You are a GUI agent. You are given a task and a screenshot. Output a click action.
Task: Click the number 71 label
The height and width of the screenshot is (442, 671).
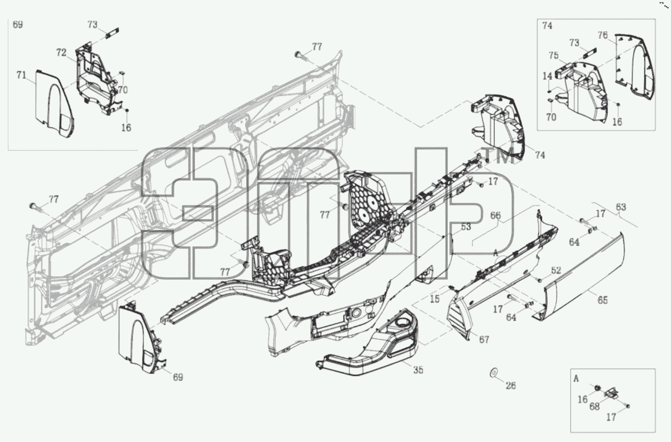click(x=21, y=75)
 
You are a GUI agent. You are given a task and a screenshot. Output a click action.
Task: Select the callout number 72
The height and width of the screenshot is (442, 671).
click(x=61, y=53)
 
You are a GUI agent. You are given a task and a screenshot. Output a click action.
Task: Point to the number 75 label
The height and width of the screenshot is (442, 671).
click(x=554, y=56)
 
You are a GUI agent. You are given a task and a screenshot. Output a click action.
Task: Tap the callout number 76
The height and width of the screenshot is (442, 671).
click(x=603, y=35)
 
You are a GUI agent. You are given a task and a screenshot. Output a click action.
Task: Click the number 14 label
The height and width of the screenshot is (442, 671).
click(x=547, y=76)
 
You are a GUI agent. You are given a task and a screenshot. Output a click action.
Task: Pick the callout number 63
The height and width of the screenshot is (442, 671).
click(x=621, y=207)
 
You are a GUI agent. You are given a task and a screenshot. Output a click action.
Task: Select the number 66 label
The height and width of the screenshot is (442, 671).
click(x=495, y=215)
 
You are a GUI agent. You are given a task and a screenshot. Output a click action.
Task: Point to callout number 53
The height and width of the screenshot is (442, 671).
click(x=466, y=227)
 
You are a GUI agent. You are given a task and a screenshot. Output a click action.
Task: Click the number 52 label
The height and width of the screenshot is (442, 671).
click(x=556, y=271)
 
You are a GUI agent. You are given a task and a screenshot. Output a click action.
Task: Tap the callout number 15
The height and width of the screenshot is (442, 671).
click(x=435, y=299)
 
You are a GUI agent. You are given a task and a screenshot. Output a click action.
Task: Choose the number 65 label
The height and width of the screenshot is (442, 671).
click(x=603, y=300)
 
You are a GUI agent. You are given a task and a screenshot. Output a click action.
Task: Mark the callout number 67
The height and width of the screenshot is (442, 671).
click(x=484, y=340)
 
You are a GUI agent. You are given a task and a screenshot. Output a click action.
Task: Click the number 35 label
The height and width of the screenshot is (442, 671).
click(x=418, y=370)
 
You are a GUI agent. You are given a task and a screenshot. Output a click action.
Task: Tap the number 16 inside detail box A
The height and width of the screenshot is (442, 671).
click(x=582, y=400)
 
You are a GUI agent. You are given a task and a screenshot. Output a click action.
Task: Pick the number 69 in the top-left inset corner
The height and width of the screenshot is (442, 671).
click(x=18, y=24)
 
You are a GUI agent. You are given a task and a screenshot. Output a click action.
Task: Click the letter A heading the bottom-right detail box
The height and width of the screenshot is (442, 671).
click(x=576, y=379)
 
